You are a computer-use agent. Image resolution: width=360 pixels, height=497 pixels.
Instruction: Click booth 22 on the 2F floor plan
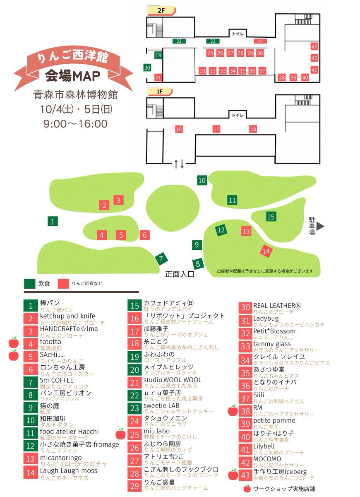pyautogui.click(x=179, y=41)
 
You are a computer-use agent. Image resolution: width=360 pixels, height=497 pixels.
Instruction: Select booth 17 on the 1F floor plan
pyautogui.click(x=216, y=129)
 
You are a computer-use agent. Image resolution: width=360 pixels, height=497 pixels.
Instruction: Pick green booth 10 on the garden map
pyautogui.click(x=202, y=180)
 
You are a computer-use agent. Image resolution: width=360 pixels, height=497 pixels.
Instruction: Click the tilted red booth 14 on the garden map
pyautogui.click(x=266, y=251)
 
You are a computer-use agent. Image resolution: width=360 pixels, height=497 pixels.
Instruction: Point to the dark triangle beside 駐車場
pyautogui.click(x=320, y=226)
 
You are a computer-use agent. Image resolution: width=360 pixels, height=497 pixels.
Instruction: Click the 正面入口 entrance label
pyautogui.click(x=180, y=274)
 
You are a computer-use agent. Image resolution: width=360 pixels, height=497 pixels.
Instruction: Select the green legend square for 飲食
pyautogui.click(x=30, y=284)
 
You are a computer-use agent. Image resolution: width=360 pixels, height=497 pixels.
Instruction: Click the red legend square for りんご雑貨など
pyautogui.click(x=63, y=284)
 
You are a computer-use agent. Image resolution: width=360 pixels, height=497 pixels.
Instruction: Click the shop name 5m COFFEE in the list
pyautogui.click(x=57, y=380)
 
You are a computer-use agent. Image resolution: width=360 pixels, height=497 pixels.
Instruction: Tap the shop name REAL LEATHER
pyautogui.click(x=274, y=306)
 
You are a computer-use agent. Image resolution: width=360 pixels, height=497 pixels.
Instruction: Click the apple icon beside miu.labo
pyautogui.click(x=120, y=434)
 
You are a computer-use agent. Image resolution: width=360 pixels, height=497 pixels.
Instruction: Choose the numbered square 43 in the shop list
pyautogui.click(x=246, y=475)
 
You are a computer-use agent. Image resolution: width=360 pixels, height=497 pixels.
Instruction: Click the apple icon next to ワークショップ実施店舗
pyautogui.click(x=247, y=489)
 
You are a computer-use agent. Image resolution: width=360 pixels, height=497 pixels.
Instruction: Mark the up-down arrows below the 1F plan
pyautogui.click(x=179, y=164)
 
